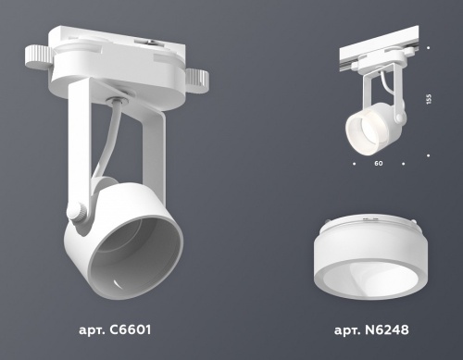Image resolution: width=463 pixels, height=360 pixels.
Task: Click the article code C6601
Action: tap(114, 329)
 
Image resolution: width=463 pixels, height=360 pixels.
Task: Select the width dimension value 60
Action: tap(379, 164)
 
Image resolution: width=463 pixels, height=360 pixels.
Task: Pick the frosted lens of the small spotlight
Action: tap(359, 125)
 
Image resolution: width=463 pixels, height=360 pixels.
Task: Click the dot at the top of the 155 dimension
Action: tap(429, 47)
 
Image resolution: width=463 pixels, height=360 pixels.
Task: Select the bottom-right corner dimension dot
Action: tap(429, 155)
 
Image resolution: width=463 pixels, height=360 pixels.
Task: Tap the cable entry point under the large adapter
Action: tap(118, 100)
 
